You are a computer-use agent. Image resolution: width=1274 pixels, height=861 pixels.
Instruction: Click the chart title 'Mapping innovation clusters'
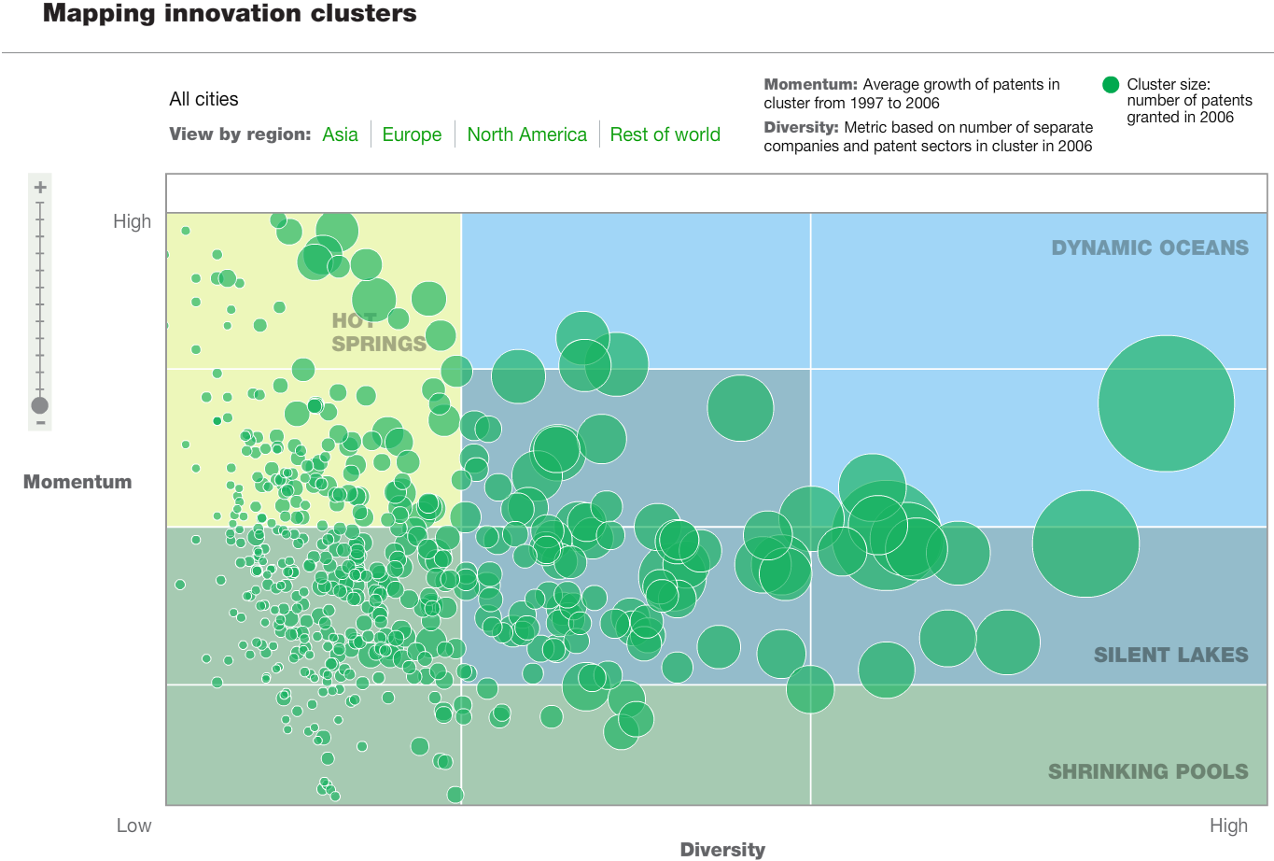pyautogui.click(x=230, y=14)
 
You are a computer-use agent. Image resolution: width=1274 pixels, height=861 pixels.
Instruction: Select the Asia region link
pyautogui.click(x=340, y=134)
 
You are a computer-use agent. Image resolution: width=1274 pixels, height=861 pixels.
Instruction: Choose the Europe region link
pyautogui.click(x=412, y=134)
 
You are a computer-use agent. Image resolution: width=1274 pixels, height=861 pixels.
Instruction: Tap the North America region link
pyautogui.click(x=526, y=134)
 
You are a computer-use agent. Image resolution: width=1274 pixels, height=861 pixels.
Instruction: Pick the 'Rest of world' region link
pyautogui.click(x=665, y=134)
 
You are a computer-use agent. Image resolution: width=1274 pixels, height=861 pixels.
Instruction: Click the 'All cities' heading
pyautogui.click(x=203, y=99)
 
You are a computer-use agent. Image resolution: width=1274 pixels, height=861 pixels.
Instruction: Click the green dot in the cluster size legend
pyautogui.click(x=1110, y=85)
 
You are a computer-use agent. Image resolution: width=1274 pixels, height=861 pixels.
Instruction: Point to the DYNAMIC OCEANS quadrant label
pyautogui.click(x=1149, y=247)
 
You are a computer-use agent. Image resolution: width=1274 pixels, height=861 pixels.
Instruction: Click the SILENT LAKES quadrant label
pyautogui.click(x=1170, y=655)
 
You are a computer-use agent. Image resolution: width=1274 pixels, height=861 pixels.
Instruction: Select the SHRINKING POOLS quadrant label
pyautogui.click(x=1147, y=771)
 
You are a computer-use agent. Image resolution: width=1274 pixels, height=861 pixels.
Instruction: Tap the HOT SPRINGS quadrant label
pyautogui.click(x=378, y=332)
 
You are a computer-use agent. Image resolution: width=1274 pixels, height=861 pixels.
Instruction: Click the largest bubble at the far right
pyautogui.click(x=1166, y=403)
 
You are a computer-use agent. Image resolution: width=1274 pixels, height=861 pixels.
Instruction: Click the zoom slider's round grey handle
pyautogui.click(x=39, y=405)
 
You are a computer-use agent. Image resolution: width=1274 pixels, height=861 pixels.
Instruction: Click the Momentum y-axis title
pyautogui.click(x=77, y=482)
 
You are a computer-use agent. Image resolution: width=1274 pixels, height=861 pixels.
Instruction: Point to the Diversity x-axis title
pyautogui.click(x=721, y=849)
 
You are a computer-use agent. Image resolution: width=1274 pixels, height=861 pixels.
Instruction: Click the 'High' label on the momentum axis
pyautogui.click(x=132, y=221)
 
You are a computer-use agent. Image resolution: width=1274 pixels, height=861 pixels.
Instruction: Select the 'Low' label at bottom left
pyautogui.click(x=133, y=826)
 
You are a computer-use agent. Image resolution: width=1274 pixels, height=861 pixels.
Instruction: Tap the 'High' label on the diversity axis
pyautogui.click(x=1227, y=826)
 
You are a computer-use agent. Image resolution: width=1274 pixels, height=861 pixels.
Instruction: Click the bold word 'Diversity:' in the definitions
pyautogui.click(x=801, y=127)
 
